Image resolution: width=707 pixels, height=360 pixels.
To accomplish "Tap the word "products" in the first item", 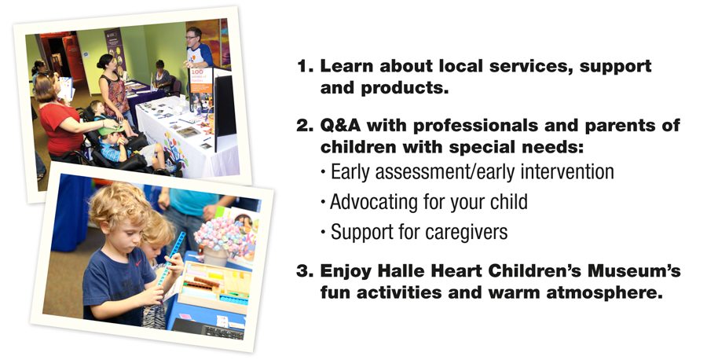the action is click(405, 88).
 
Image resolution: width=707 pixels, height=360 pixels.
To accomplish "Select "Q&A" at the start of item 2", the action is click(341, 125).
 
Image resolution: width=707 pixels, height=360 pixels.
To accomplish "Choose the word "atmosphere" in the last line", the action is click(601, 292).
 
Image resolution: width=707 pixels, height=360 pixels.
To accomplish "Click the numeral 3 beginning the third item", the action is click(302, 272).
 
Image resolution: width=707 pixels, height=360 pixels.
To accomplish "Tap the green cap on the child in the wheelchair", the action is click(111, 130).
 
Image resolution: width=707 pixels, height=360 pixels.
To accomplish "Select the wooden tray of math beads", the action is click(214, 288).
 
